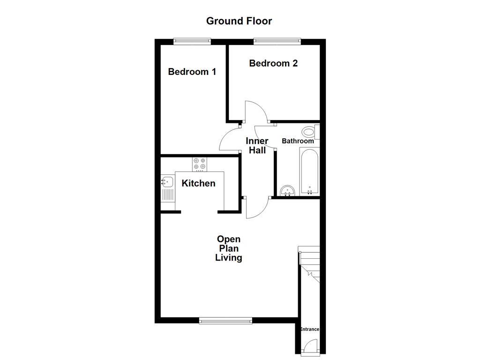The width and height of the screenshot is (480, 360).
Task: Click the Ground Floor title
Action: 239,21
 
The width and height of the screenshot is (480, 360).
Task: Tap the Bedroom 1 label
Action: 192,72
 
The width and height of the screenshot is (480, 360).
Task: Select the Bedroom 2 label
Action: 273,63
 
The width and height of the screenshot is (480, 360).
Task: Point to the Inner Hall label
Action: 257,146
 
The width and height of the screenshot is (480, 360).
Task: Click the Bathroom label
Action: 298,141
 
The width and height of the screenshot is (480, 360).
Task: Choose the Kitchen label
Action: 198,183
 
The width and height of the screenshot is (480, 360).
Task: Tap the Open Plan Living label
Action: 229,248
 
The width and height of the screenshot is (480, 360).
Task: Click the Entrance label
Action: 309,330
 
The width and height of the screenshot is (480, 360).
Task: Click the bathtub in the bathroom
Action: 309,171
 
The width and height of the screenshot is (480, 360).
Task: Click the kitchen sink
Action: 167,180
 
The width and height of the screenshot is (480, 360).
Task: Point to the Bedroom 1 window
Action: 192,41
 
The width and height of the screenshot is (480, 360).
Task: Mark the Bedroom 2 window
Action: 277,41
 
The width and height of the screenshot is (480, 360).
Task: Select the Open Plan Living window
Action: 225,321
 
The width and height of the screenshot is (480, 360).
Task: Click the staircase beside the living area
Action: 309,265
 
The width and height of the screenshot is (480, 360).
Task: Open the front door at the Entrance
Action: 309,347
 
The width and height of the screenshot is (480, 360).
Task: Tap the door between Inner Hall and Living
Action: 257,208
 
